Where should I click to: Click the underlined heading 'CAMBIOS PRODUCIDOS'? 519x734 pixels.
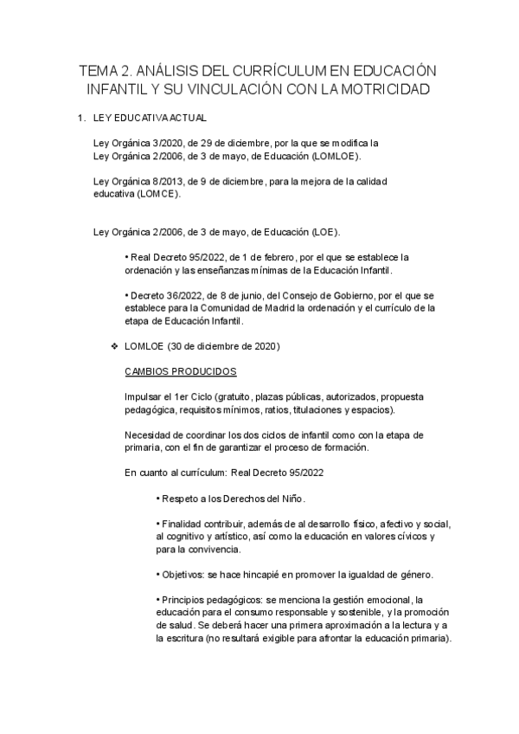pyautogui.click(x=180, y=370)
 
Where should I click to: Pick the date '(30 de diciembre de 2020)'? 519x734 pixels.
pyautogui.click(x=222, y=346)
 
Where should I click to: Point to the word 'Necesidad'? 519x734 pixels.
pyautogui.click(x=149, y=435)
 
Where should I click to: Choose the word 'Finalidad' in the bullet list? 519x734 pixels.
pyautogui.click(x=183, y=525)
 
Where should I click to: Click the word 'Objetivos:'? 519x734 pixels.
pyautogui.click(x=183, y=575)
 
